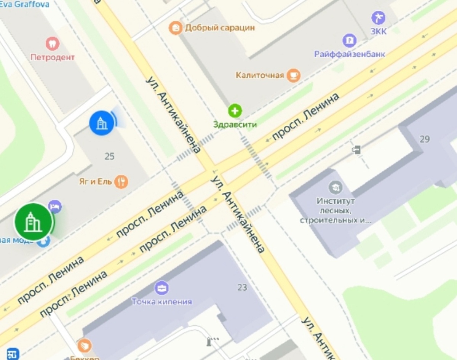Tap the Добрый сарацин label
220,28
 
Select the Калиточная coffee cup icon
294,75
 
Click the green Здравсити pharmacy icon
235,111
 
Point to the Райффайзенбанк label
349,54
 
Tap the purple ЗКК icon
378,18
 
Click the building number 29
425,139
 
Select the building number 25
109,156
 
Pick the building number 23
242,287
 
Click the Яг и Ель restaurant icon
121,181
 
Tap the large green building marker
34,222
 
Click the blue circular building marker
101,123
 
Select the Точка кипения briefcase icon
162,288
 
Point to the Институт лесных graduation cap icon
336,187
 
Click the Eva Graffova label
25,5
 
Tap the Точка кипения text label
162,302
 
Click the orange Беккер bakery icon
85,346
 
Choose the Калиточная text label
260,75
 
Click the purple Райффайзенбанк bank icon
349,40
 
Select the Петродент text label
53,58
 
